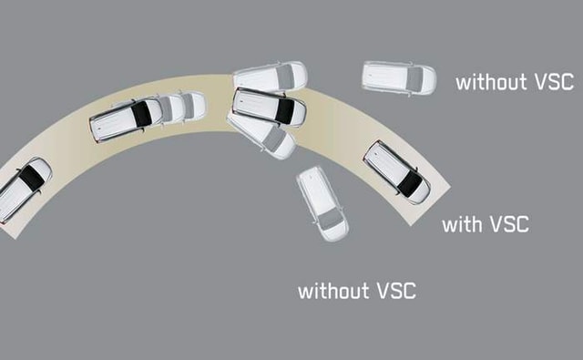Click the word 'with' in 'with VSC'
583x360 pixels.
click(x=464, y=223)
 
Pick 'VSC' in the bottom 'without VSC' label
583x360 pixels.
click(x=395, y=291)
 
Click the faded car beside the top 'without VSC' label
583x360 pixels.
click(x=399, y=77)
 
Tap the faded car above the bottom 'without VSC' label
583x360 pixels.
click(x=322, y=203)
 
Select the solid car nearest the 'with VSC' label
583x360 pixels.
click(x=397, y=171)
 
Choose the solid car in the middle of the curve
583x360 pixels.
click(x=269, y=106)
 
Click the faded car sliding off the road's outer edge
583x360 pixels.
click(x=271, y=76)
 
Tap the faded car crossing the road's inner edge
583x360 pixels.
click(x=261, y=135)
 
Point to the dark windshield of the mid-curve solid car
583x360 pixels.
click(x=286, y=110)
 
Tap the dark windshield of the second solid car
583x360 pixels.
click(x=140, y=114)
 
